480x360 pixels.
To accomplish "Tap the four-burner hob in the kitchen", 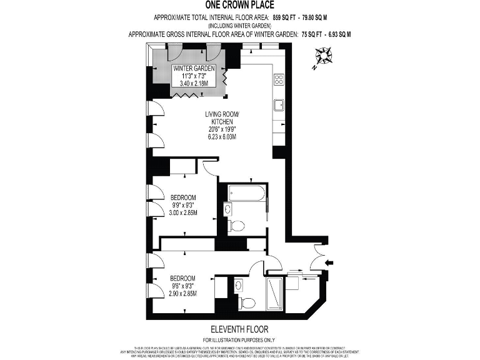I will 279,79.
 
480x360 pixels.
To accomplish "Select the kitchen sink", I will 280,104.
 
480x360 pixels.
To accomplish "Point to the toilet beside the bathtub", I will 236,224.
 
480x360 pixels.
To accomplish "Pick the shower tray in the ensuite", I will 275,294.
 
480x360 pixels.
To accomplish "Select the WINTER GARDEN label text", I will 194,68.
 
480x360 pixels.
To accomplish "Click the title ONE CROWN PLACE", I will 239,6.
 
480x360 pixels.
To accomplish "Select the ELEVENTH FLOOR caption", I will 239,328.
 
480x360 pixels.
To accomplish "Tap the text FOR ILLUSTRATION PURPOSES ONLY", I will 239,338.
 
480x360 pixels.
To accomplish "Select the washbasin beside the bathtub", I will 228,208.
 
